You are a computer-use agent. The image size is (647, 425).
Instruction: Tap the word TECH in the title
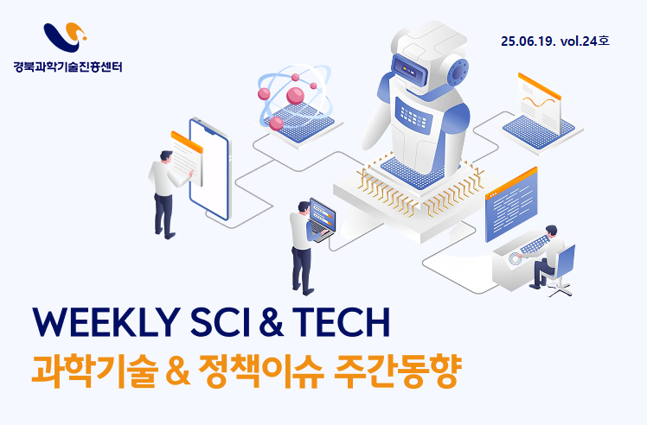click(x=342, y=322)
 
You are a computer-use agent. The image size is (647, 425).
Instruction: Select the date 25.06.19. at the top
click(x=528, y=41)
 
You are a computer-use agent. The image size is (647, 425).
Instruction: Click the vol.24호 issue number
click(x=584, y=41)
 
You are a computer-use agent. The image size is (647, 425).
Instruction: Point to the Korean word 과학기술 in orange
click(x=94, y=371)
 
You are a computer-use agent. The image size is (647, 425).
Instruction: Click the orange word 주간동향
click(x=397, y=371)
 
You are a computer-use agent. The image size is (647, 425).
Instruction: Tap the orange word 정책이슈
click(x=260, y=371)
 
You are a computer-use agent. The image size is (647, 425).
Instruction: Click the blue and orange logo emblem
click(x=65, y=36)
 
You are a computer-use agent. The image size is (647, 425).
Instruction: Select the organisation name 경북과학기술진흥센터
click(x=68, y=67)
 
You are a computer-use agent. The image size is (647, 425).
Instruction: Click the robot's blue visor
click(x=409, y=69)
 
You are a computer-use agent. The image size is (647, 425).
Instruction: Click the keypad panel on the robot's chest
click(x=413, y=113)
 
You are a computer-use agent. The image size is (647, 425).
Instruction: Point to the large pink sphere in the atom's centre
click(x=296, y=95)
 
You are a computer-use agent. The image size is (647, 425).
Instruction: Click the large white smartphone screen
click(x=209, y=169)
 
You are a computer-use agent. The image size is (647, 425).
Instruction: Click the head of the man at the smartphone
click(x=166, y=156)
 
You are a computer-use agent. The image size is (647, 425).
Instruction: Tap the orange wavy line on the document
click(x=539, y=102)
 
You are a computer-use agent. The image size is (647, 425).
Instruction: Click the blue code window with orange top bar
click(x=512, y=205)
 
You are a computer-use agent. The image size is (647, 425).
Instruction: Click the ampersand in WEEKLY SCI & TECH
click(x=272, y=322)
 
